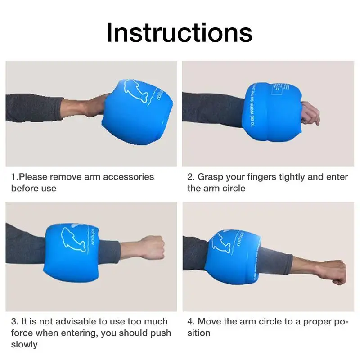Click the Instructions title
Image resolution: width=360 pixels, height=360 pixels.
coord(179,32)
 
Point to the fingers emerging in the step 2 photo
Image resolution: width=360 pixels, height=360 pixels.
coord(310,112)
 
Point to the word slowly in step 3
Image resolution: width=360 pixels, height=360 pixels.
coord(24,345)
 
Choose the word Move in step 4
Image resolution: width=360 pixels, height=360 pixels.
coord(209,321)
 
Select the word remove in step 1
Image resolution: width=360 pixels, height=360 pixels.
coord(67,177)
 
